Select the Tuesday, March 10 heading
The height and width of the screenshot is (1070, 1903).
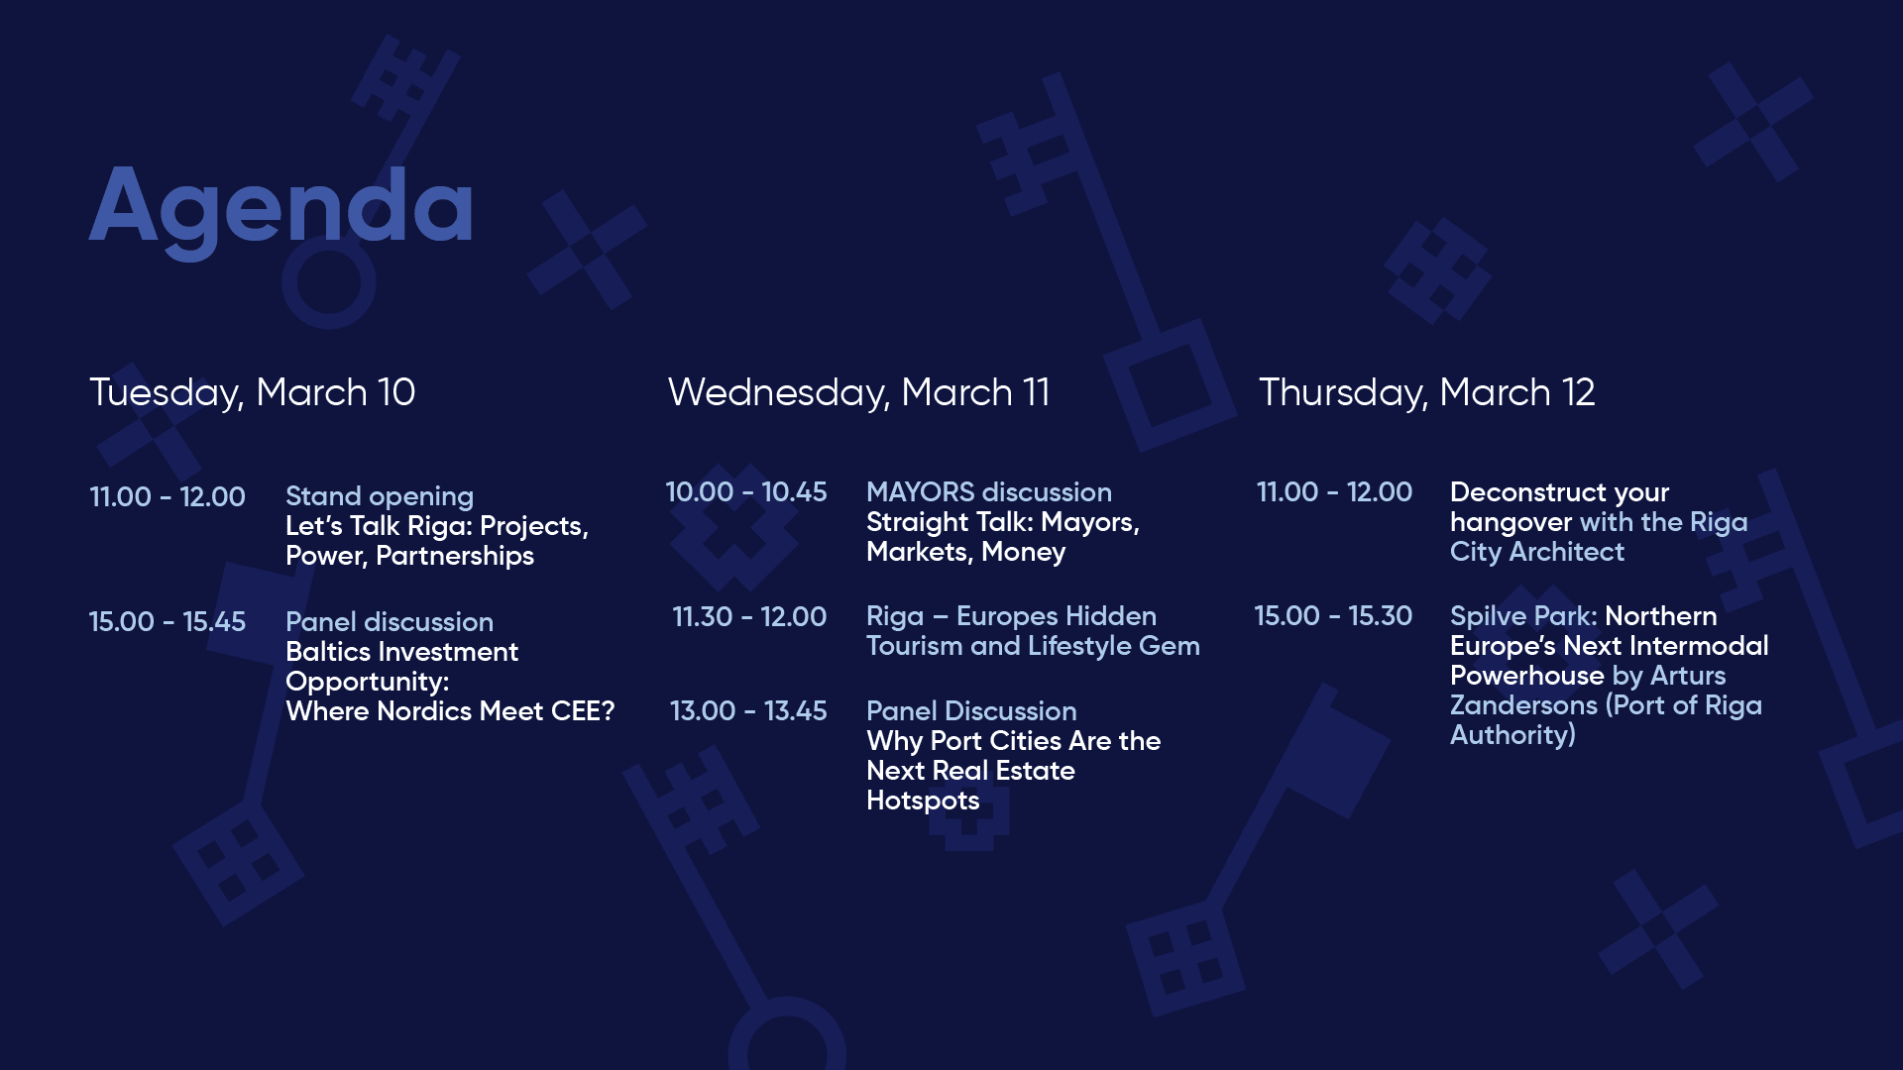click(x=252, y=393)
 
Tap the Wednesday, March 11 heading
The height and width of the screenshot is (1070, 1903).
click(x=858, y=393)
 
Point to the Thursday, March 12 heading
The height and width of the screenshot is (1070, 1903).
click(x=1426, y=393)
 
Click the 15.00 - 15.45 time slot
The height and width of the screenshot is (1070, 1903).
click(x=167, y=622)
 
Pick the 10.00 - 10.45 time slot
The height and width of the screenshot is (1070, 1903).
click(x=745, y=492)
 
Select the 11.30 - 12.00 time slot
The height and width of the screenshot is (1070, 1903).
click(x=748, y=617)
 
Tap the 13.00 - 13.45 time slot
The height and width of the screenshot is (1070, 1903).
click(x=747, y=711)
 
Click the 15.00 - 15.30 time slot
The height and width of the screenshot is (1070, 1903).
click(x=1332, y=616)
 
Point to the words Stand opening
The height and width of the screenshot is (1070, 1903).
click(x=380, y=497)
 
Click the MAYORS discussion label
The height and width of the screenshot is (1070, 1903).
click(x=988, y=492)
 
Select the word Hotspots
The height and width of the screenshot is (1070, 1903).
click(x=923, y=801)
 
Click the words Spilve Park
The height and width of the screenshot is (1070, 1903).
click(x=1521, y=616)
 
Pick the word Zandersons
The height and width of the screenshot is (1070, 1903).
click(x=1523, y=705)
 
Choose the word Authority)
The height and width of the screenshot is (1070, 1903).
click(x=1512, y=735)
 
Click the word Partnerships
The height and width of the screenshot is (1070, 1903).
click(x=455, y=557)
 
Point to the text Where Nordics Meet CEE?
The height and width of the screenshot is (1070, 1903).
click(x=450, y=711)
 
